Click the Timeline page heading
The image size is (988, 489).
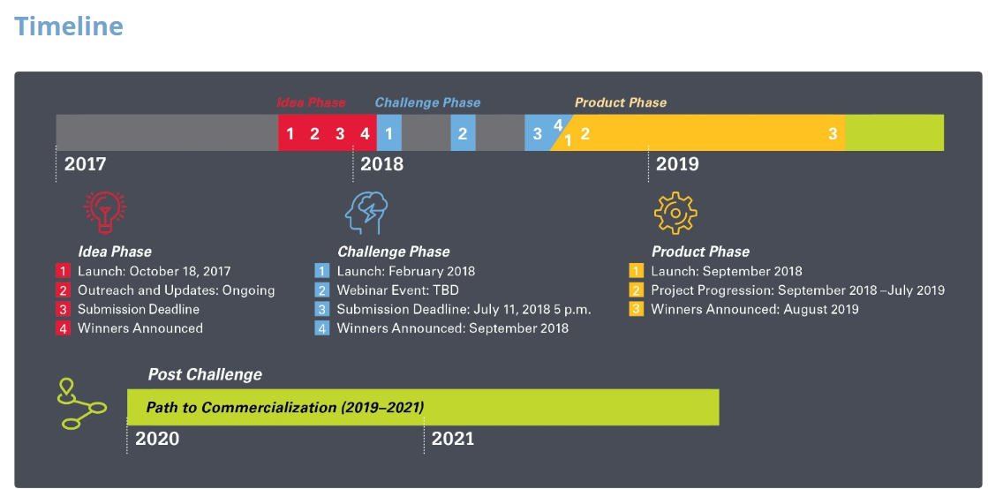click(69, 26)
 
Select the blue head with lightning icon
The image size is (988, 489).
click(366, 213)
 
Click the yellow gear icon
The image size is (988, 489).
click(675, 214)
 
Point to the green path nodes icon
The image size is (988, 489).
click(81, 404)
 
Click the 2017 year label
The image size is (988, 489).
click(85, 164)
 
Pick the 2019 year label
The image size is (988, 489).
click(677, 164)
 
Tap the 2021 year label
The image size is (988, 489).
click(453, 439)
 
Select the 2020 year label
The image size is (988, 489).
click(157, 439)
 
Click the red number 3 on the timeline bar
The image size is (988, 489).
click(340, 133)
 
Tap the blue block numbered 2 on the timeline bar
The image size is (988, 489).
click(463, 133)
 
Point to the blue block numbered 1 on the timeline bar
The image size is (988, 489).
click(388, 133)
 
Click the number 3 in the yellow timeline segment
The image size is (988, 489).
click(833, 133)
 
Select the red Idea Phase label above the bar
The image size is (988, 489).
click(312, 102)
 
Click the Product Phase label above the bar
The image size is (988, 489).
click(620, 102)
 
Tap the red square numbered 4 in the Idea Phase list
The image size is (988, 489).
click(63, 328)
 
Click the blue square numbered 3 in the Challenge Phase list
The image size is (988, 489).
click(322, 310)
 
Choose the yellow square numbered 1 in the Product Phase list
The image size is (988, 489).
click(637, 272)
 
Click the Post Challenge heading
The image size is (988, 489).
click(205, 375)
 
